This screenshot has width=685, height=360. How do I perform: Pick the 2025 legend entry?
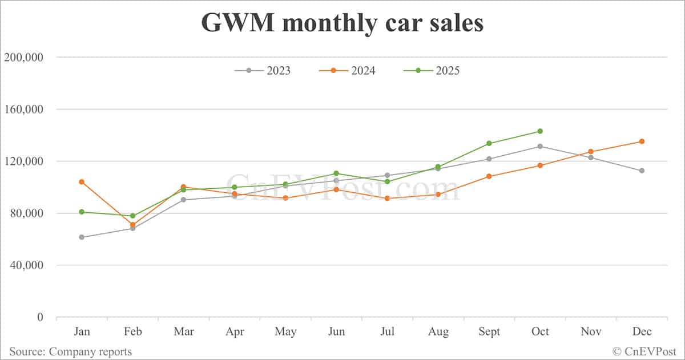(x=432, y=71)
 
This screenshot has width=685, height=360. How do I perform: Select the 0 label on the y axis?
(x=40, y=317)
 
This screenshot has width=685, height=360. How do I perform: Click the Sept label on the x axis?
(x=489, y=331)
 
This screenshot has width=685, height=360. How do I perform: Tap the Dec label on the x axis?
(x=642, y=331)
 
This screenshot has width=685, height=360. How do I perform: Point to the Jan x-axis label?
(x=82, y=331)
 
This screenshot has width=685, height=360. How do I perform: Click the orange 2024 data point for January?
(x=82, y=182)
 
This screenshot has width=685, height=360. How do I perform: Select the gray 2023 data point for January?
(x=82, y=237)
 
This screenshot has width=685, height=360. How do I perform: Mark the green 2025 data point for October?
(x=540, y=131)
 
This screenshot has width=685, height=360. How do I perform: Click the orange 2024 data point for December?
(x=642, y=141)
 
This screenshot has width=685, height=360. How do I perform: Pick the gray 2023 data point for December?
(x=642, y=171)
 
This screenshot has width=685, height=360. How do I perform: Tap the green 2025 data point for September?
(x=489, y=143)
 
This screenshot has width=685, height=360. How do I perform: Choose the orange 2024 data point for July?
(x=387, y=199)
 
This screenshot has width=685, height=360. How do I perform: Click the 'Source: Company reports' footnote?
(x=70, y=351)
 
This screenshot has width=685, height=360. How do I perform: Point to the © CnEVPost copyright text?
(x=644, y=351)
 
